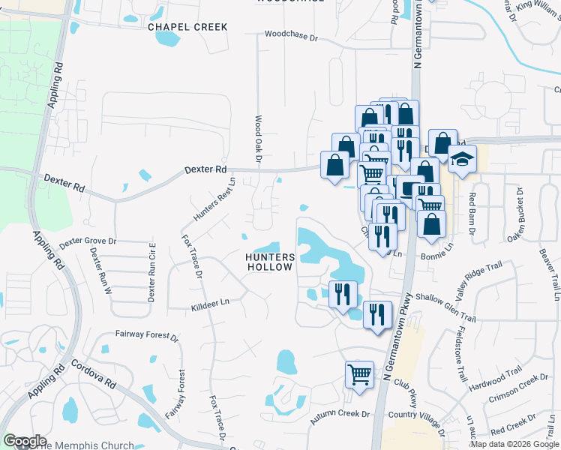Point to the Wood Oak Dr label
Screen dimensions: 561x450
(257, 140)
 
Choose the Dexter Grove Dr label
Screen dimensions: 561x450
(88, 241)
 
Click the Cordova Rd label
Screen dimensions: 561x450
(94, 373)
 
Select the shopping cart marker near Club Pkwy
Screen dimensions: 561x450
(359, 373)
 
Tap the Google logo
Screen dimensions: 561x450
(25, 441)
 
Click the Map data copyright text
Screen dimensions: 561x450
(514, 445)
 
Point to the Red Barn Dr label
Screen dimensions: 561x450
(472, 214)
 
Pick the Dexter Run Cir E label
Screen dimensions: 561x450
(151, 271)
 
